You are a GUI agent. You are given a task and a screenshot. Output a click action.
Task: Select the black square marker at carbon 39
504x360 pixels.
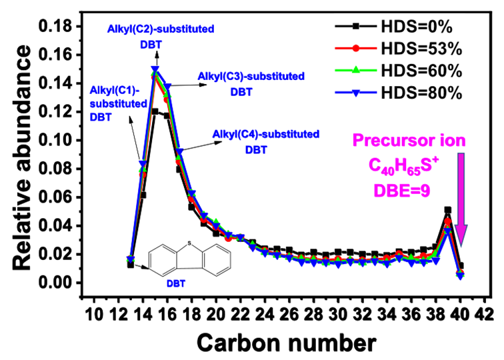point(448,210)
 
